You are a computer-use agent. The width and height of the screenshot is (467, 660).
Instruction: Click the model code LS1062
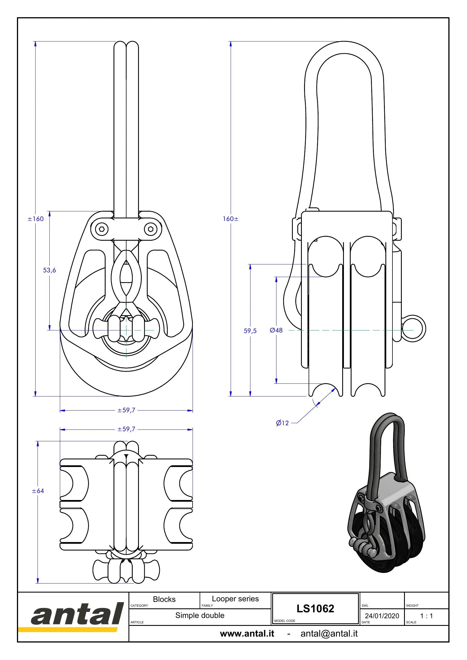(x=315, y=609)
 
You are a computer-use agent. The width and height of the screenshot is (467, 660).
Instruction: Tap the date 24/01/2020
(x=382, y=616)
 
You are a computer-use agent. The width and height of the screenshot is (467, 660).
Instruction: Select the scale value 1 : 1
(x=426, y=616)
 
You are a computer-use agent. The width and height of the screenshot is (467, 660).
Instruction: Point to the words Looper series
(x=235, y=598)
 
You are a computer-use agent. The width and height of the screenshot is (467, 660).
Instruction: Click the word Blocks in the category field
(x=164, y=599)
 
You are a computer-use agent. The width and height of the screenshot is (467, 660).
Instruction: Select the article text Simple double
(x=200, y=615)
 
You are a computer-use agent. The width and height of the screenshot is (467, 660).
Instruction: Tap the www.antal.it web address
(x=247, y=633)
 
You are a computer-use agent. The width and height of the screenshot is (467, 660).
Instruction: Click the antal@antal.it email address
(x=329, y=633)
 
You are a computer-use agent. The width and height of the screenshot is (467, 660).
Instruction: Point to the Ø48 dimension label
(x=276, y=330)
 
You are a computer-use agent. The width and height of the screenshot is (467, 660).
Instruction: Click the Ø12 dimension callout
(x=282, y=423)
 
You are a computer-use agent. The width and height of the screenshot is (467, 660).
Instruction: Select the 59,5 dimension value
(x=250, y=331)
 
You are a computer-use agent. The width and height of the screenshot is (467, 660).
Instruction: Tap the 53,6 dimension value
(x=49, y=270)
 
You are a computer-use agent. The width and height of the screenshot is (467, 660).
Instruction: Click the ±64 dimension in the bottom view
(x=38, y=491)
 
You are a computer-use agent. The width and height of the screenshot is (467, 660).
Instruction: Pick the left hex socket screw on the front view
(x=101, y=229)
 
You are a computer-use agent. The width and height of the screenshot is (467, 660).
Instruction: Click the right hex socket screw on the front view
(x=151, y=229)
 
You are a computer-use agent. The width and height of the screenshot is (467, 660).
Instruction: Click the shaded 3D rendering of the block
(x=386, y=495)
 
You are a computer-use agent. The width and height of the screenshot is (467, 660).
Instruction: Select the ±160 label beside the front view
(x=36, y=219)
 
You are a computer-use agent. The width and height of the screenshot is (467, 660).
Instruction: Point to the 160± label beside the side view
(x=231, y=219)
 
